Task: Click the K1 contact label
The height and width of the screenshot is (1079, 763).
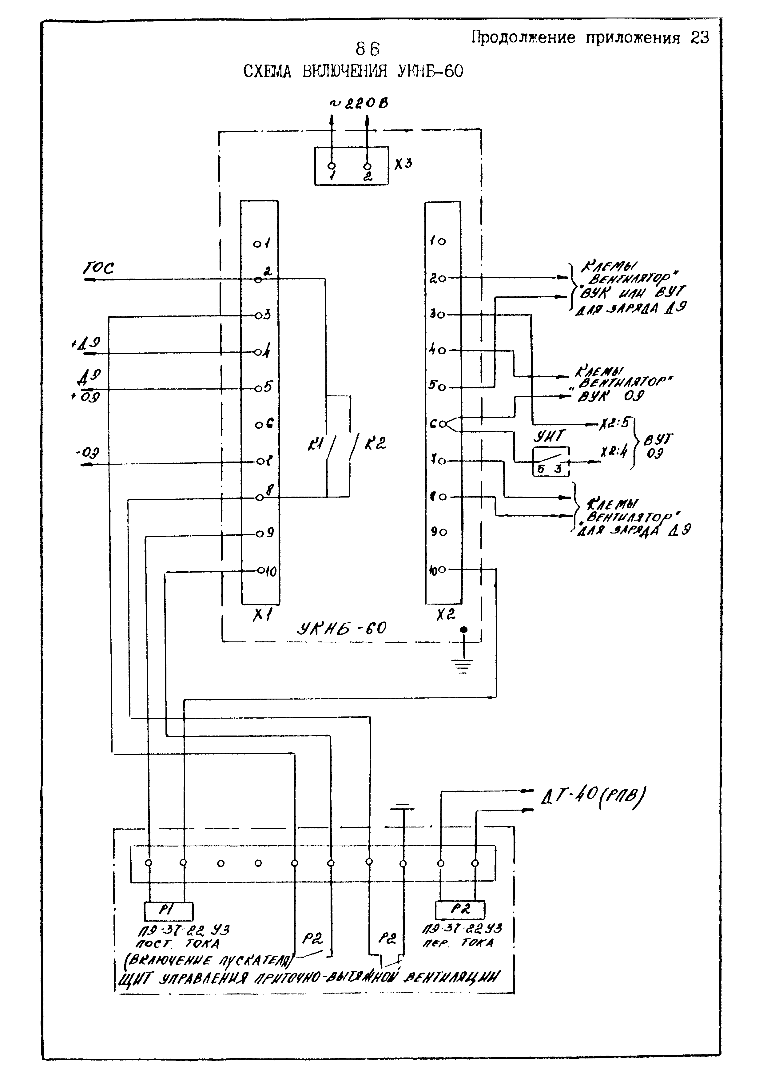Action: [314, 444]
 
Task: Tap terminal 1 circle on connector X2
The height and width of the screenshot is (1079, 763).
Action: [442, 242]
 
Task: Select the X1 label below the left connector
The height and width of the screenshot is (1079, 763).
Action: [260, 616]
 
